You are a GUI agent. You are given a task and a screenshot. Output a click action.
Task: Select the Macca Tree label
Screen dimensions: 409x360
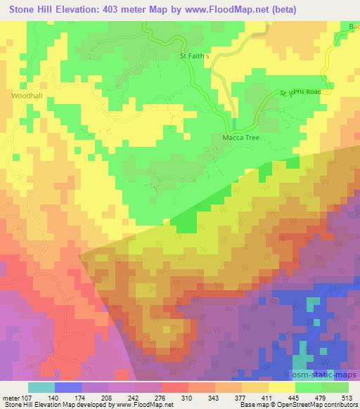(241, 138)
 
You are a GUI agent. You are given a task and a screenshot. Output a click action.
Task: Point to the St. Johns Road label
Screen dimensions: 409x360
(300, 92)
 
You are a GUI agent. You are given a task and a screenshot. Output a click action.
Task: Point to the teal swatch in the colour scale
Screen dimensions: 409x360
(41, 387)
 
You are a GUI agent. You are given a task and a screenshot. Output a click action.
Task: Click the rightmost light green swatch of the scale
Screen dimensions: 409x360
(335, 387)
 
